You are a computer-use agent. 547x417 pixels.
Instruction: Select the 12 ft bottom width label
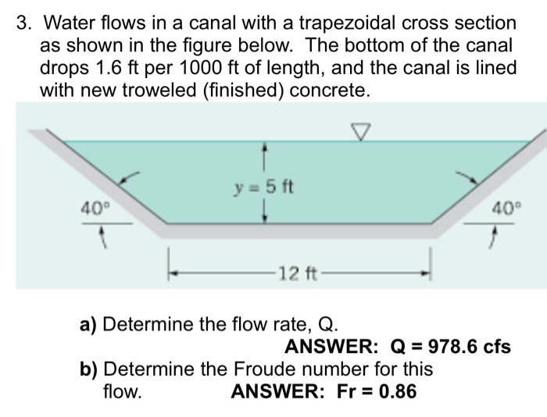coord(298,274)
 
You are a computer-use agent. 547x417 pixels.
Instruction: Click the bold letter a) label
coord(89,324)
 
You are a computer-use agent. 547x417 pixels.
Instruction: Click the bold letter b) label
coord(89,369)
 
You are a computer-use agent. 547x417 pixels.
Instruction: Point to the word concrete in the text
coord(327,91)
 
